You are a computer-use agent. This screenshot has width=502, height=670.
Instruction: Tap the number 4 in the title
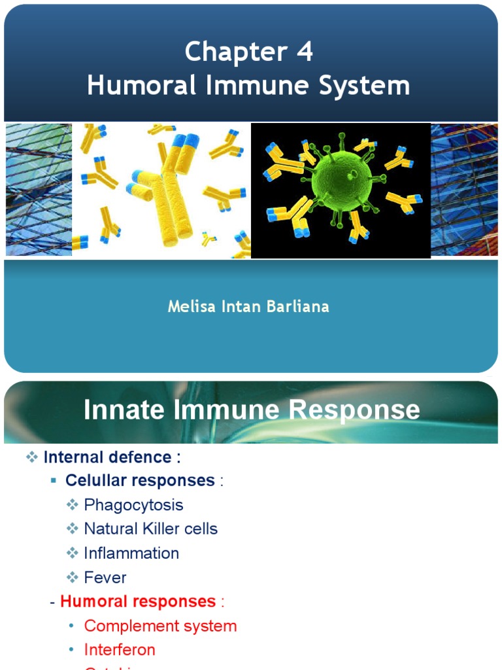tap(305, 52)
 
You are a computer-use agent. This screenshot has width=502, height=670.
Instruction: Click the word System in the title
tap(369, 86)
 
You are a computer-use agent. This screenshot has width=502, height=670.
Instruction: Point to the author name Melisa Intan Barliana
tap(248, 306)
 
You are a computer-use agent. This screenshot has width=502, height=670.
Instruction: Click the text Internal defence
tap(112, 457)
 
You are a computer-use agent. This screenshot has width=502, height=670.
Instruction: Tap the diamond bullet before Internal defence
tap(33, 457)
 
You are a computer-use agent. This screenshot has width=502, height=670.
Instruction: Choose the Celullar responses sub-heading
tap(140, 480)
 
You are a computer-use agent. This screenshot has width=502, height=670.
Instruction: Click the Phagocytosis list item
tap(133, 504)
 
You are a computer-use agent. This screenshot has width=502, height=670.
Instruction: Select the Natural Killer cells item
tap(150, 529)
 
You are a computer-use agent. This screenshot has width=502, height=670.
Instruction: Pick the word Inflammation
tap(131, 553)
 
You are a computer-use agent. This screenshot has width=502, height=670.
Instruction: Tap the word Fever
tap(105, 577)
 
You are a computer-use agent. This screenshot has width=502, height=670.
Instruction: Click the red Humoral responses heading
tap(138, 601)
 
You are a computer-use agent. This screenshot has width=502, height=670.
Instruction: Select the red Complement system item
tap(160, 626)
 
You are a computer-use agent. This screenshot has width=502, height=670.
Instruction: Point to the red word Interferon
tap(120, 650)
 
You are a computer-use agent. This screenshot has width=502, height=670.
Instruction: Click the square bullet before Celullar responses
tap(54, 481)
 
